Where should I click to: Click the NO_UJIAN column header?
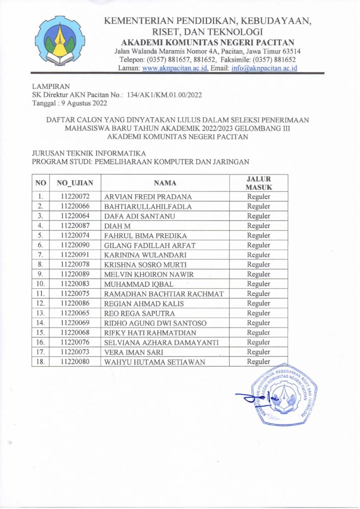pos(75,183)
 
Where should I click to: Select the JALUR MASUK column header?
pos(259,183)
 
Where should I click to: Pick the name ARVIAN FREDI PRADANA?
pos(148,197)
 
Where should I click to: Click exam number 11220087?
pos(75,226)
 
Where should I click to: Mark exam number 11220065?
pos(75,313)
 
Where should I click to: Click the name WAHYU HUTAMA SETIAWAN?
pos(155,362)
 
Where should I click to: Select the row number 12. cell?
pos(41,303)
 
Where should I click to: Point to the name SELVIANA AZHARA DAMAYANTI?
pos(161,342)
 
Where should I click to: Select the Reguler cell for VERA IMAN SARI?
pos(259,352)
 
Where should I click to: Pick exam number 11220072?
pos(75,196)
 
